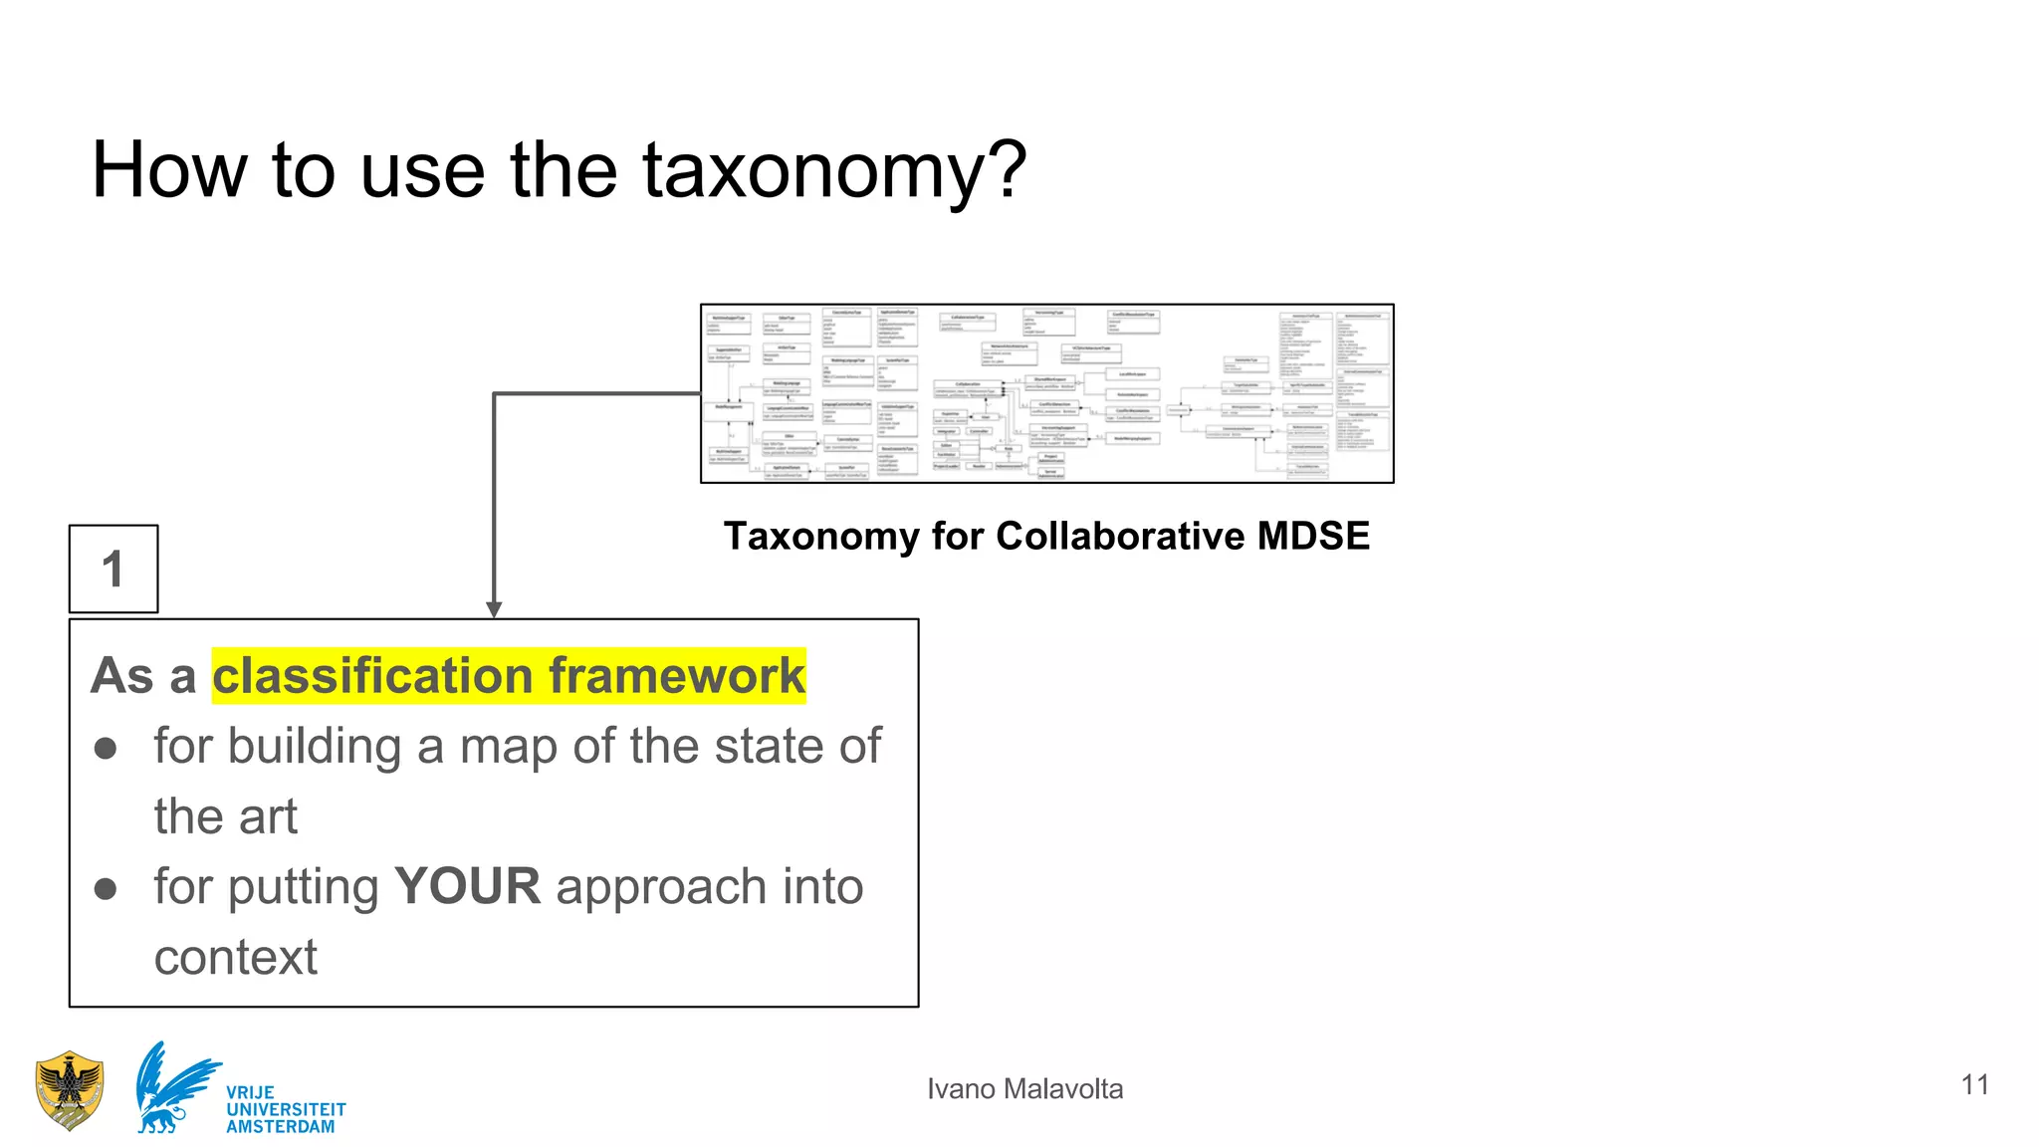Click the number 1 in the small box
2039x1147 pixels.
click(113, 570)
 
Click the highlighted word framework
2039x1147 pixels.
click(677, 676)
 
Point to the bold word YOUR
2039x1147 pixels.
click(468, 886)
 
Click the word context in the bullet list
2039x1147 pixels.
click(236, 958)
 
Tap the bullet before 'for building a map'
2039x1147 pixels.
click(106, 748)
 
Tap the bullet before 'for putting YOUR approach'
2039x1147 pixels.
click(106, 888)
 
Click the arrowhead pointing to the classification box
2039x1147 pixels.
click(494, 609)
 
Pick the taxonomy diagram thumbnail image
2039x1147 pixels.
click(1046, 393)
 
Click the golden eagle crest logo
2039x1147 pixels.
click(69, 1090)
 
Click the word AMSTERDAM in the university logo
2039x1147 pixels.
click(281, 1127)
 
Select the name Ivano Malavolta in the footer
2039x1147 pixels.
click(1024, 1089)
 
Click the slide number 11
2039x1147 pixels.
click(1975, 1084)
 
